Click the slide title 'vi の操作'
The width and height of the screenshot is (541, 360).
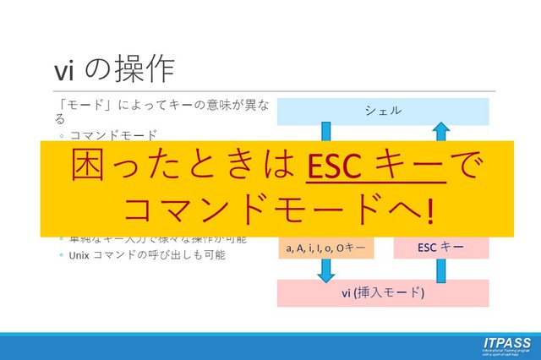[115, 66]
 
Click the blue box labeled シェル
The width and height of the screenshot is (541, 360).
[383, 111]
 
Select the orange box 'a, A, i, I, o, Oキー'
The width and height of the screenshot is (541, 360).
[325, 248]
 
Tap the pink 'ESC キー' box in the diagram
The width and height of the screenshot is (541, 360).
[440, 248]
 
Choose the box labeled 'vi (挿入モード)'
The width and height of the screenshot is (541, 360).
[383, 292]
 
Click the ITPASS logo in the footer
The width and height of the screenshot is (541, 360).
[506, 345]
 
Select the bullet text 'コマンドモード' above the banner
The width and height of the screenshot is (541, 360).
[113, 135]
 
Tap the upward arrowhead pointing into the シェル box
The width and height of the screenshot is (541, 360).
[440, 130]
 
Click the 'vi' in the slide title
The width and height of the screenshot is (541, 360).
[65, 67]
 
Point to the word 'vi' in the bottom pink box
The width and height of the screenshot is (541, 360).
[347, 293]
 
